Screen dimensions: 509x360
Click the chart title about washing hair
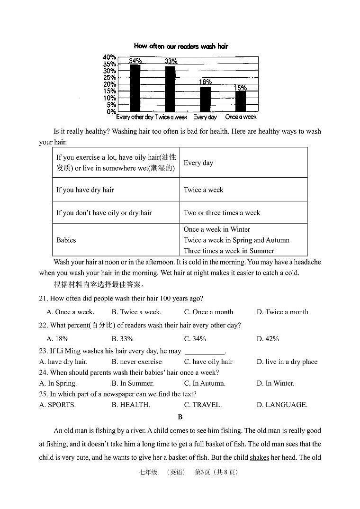[x=181, y=46]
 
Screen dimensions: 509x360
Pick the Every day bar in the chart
[x=205, y=99]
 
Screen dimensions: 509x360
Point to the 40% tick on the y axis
[x=109, y=57]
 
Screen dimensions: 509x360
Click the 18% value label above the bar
[x=205, y=82]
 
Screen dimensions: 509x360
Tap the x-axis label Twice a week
[x=171, y=117]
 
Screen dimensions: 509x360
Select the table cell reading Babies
[x=66, y=240]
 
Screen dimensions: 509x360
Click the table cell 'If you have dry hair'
[x=85, y=190]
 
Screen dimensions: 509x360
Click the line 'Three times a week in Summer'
[x=229, y=251]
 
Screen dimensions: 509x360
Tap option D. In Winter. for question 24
[x=275, y=383]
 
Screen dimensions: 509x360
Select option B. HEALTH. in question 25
[x=131, y=405]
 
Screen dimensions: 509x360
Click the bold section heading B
[x=180, y=417]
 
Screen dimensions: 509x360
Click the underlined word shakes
[x=259, y=457]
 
